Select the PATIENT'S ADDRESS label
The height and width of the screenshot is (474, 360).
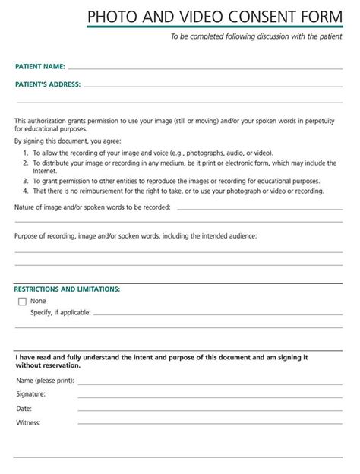[x=48, y=84]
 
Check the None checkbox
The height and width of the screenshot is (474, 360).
[x=22, y=302]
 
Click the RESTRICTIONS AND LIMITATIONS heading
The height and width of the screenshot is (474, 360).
[x=67, y=289]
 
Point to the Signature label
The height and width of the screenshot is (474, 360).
[x=30, y=394]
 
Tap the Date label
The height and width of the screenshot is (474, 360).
[x=24, y=409]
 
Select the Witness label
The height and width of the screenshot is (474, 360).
[x=27, y=422]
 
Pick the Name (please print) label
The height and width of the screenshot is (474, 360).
[x=45, y=380]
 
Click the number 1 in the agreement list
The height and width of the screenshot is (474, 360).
[x=24, y=153]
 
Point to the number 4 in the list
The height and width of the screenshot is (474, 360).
[x=24, y=191]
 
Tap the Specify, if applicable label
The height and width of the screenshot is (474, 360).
[x=61, y=312]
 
